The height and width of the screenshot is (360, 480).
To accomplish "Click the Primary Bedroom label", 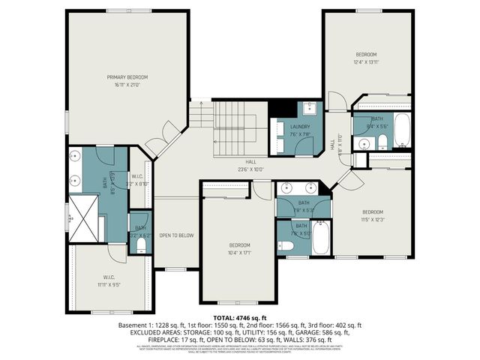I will [x=127, y=77].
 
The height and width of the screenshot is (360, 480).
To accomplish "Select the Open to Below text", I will [x=176, y=235].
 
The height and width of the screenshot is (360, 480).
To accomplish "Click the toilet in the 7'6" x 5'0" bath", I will [x=286, y=245].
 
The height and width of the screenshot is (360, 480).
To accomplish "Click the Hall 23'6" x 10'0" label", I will [x=250, y=166].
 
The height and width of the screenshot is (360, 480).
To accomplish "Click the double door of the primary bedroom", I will [x=161, y=145].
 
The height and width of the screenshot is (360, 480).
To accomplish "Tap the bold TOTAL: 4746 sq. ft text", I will [x=239, y=319].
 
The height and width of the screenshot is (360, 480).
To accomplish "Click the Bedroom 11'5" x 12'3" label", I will [x=373, y=215].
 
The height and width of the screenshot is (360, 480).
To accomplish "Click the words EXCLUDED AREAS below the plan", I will [x=147, y=331].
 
